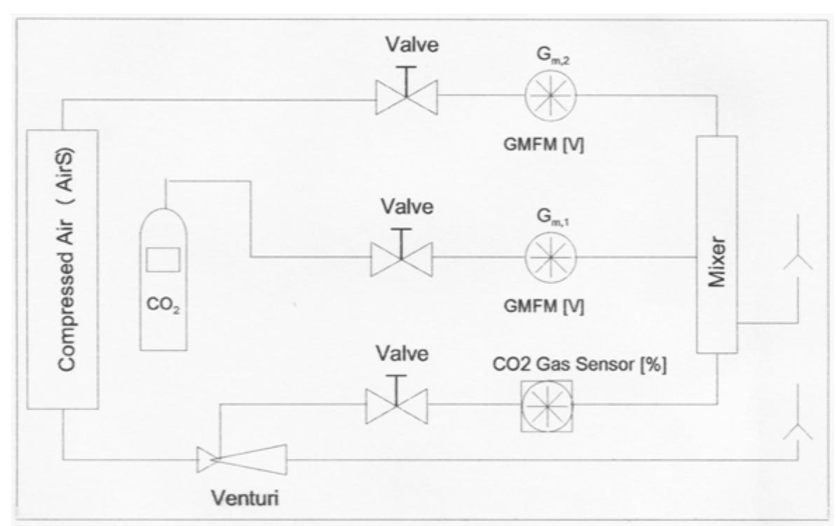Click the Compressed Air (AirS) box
62,269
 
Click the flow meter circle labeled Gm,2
550,93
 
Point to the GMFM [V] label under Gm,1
550,306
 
